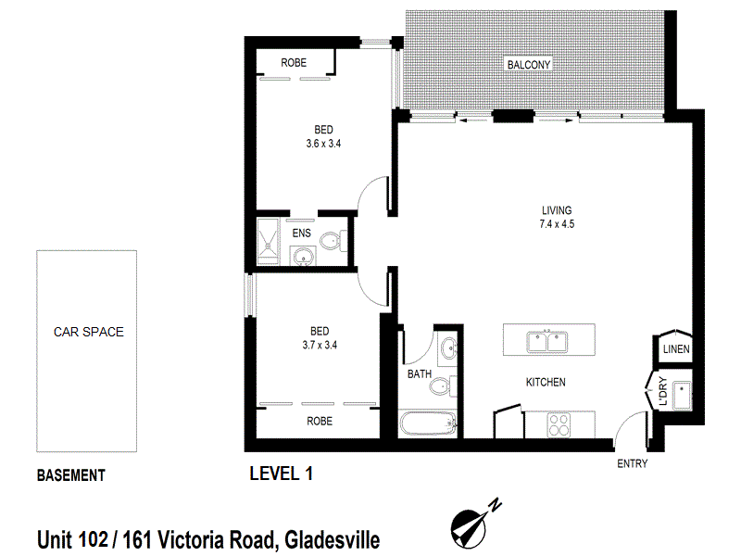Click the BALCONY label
[x=529, y=65]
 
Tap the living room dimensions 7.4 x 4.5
[x=557, y=223]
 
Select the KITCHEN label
[x=546, y=382]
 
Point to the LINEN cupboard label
[x=675, y=349]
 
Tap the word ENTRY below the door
[x=632, y=463]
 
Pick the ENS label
[x=302, y=234]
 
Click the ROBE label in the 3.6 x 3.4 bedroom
[x=295, y=63]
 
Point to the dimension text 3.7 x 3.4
[x=320, y=346]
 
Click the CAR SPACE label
[x=88, y=331]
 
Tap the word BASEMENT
[x=70, y=476]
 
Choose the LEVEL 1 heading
[x=282, y=474]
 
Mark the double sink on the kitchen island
[x=547, y=341]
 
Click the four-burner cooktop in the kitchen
[x=560, y=424]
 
